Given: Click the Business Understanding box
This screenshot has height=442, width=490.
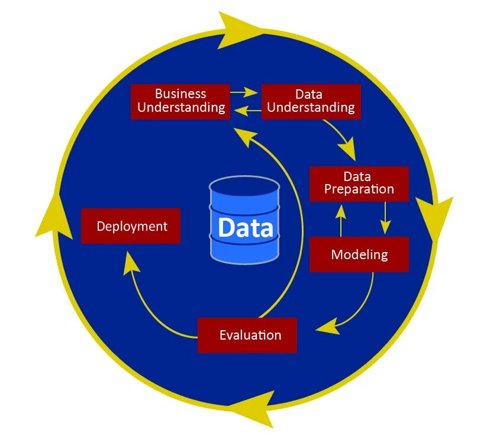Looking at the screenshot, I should click(180, 101).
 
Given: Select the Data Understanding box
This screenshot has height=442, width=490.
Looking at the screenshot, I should click(311, 101).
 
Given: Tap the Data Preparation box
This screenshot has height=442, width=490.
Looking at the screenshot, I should click(359, 183).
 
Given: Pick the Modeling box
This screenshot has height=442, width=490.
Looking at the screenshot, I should click(359, 254).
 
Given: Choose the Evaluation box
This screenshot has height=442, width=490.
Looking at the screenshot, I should click(247, 335).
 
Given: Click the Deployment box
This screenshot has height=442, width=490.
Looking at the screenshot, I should click(131, 226).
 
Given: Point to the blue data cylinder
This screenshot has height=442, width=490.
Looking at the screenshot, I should click(244, 220).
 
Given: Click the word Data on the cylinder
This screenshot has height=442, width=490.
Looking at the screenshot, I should click(245, 228).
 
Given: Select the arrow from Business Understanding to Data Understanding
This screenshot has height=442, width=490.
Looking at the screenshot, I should click(244, 92).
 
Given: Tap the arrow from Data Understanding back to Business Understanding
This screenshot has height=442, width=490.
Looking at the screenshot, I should click(246, 109).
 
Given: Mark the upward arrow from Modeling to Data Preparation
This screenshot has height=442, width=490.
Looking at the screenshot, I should click(341, 219).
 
